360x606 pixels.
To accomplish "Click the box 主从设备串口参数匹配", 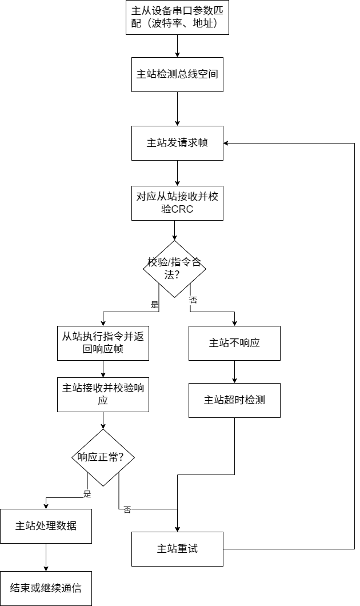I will coord(177,18).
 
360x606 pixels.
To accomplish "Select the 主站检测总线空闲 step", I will coord(177,74).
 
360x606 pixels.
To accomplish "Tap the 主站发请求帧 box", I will coord(177,143).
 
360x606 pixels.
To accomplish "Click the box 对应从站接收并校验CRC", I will coord(177,203).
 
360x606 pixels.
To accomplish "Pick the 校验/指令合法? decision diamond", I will coord(174,269).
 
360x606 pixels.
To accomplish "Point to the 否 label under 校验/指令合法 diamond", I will coord(193,300).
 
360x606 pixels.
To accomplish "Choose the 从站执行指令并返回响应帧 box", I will coord(103,343).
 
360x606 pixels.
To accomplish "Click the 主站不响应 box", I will coord(234,343).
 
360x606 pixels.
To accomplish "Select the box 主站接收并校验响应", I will coord(103,394).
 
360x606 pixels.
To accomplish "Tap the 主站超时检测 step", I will coord(234,400).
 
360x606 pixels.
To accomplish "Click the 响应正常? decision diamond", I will coord(103,457).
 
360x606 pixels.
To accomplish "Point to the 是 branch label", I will coord(87,495).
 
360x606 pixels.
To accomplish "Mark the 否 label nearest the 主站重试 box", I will coord(127,511).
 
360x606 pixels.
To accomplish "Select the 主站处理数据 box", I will coord(46,526).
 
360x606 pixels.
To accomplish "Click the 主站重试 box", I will coord(177,549).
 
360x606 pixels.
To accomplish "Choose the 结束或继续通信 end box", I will coord(46,588).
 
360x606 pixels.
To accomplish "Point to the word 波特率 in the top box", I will coord(166,25).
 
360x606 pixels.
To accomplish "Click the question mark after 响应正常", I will coord(129,457).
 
